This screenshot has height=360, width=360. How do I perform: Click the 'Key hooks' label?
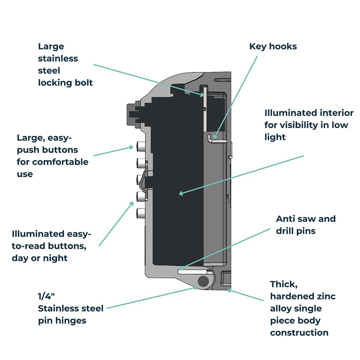(273, 46)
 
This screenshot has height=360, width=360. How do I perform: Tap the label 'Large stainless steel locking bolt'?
(65, 64)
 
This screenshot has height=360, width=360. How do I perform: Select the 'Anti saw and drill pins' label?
(306, 225)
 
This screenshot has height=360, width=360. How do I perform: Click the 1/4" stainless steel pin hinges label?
(71, 308)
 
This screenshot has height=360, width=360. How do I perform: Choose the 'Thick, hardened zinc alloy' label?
(303, 309)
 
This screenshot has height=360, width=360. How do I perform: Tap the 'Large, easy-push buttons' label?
(53, 156)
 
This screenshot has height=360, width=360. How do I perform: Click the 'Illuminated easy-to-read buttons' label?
(51, 246)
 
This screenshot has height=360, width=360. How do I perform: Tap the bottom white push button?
(141, 213)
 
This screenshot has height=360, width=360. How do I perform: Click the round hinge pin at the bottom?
(203, 281)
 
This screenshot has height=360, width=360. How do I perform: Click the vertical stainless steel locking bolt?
(204, 108)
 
